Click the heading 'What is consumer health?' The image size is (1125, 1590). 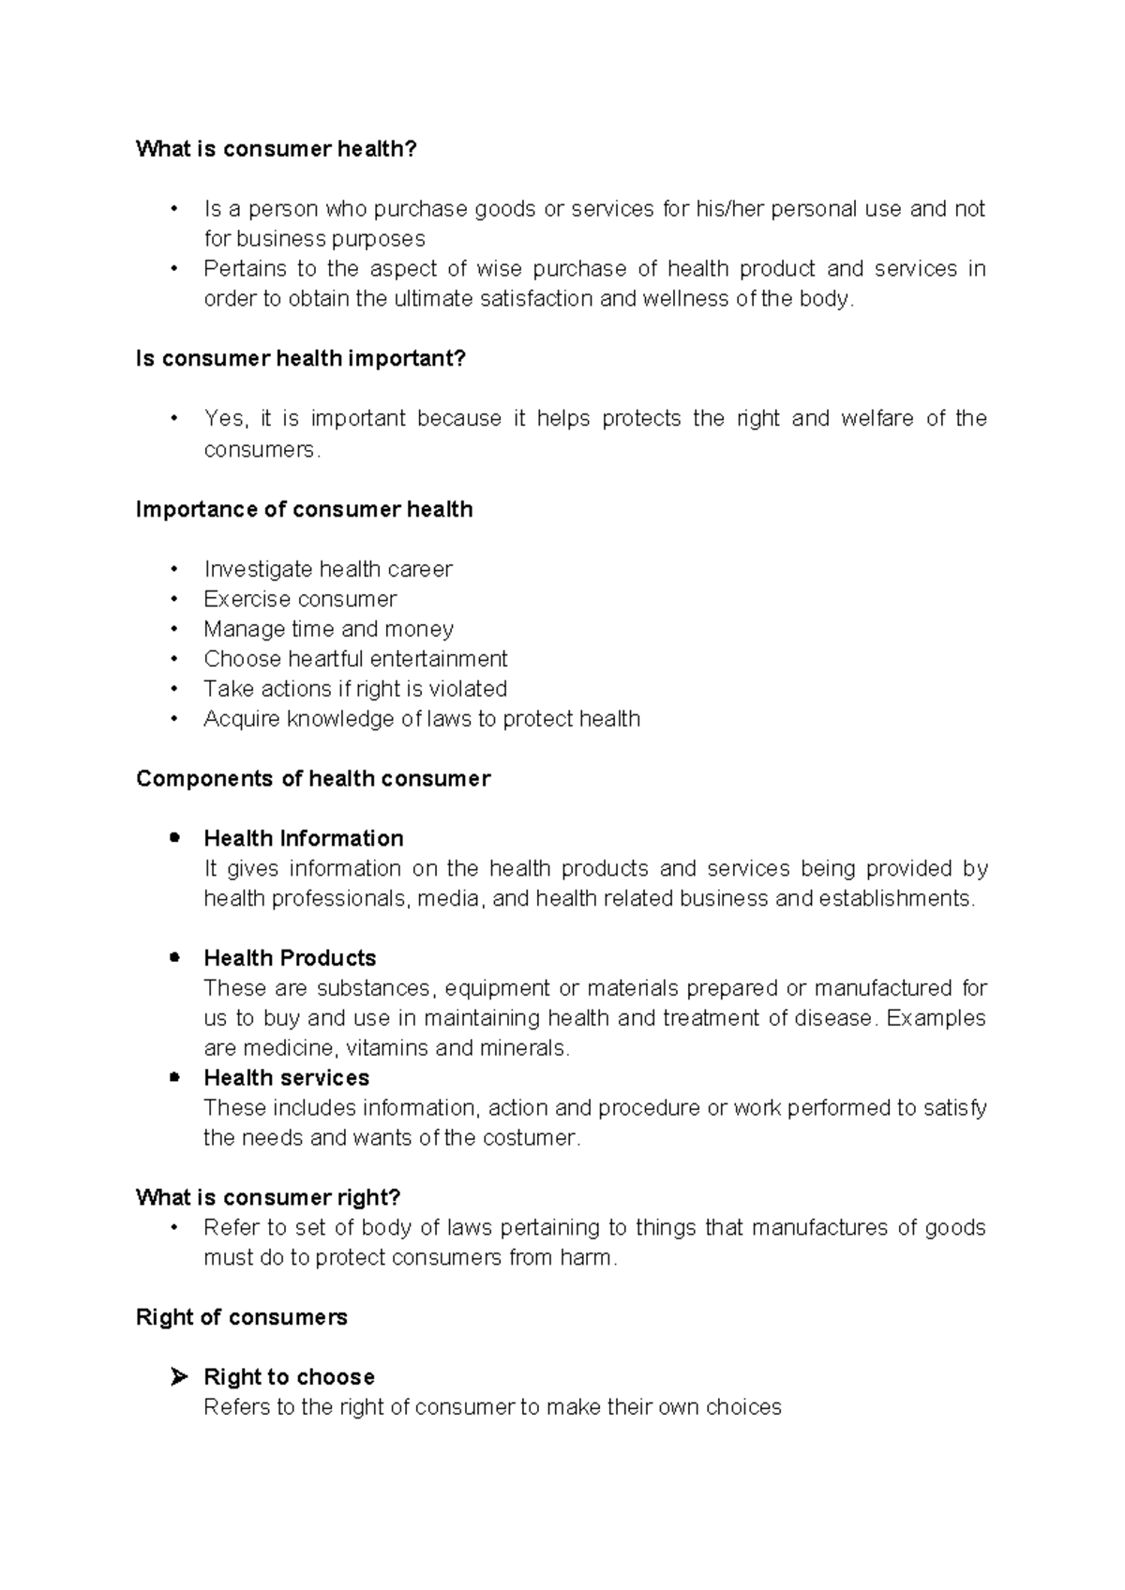[276, 149]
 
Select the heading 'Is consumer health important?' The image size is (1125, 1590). [300, 359]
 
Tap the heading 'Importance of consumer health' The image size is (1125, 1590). [304, 509]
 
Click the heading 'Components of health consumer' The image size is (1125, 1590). [313, 779]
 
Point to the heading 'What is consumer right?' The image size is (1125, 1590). [268, 1197]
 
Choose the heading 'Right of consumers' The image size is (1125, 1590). [241, 1317]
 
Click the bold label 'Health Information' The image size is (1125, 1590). [303, 838]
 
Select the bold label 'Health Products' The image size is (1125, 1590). [290, 958]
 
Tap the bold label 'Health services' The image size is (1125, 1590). [286, 1078]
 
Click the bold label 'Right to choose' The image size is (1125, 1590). [289, 1377]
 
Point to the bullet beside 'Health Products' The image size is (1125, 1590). [174, 957]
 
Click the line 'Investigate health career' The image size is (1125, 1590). [327, 569]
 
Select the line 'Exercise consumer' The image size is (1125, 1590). [300, 599]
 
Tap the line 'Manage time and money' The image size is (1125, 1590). [328, 629]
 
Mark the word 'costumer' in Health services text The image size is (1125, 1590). [531, 1138]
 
